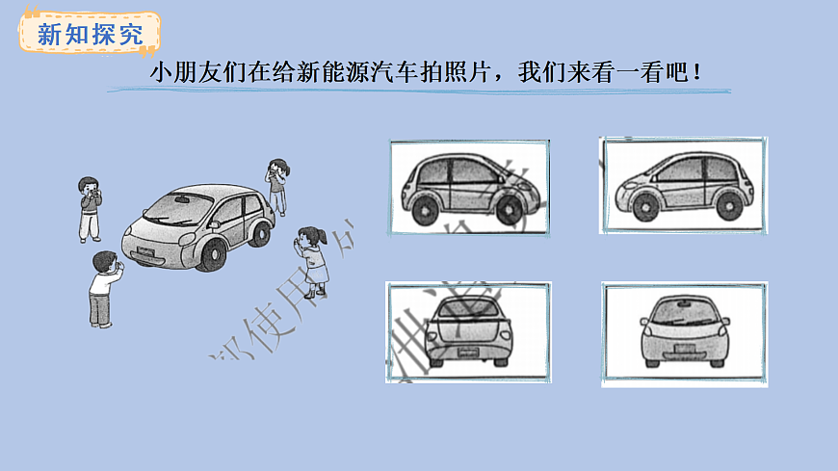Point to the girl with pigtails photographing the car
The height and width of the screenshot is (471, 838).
[312, 257]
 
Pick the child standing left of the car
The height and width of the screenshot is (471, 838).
[89, 208]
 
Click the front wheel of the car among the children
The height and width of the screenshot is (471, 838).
[210, 253]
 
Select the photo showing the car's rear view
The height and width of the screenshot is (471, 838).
[468, 332]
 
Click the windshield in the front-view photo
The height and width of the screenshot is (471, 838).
[684, 311]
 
